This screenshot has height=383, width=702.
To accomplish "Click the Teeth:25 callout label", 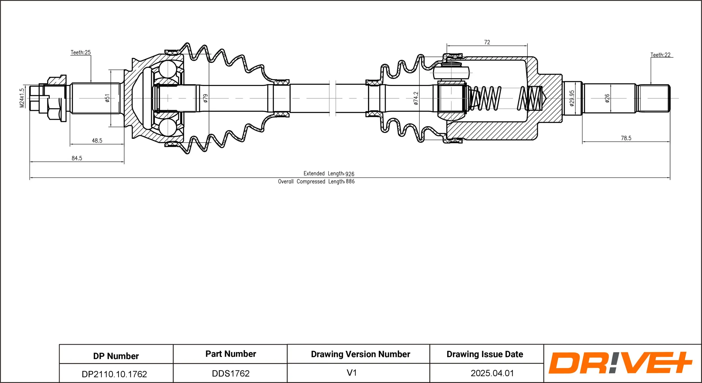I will [81, 53].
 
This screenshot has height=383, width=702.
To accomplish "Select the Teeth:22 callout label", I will [660, 55].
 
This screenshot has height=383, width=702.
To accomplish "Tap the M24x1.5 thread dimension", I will [22, 98].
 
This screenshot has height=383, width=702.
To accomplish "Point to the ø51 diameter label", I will [107, 98].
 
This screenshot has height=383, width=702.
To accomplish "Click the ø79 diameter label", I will [206, 98].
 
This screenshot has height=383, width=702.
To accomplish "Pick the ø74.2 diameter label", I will [416, 98].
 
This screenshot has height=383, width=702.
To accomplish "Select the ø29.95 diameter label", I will [572, 98].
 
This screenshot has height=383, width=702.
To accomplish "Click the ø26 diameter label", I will [607, 98].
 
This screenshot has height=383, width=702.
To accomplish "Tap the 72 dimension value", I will [487, 42].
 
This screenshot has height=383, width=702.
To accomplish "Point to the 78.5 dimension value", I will [626, 138].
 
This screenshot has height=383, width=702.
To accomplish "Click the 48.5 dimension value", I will [97, 141].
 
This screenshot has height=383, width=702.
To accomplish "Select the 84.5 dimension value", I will [77, 158].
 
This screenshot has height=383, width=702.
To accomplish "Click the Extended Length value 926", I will [350, 174].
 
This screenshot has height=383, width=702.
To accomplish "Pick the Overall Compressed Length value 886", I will [350, 182].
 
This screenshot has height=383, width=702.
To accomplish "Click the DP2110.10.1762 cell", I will [114, 374].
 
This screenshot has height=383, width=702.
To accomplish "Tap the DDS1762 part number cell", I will [231, 373].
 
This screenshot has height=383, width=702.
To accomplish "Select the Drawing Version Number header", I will [360, 354].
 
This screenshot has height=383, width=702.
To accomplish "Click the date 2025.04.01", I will [492, 373].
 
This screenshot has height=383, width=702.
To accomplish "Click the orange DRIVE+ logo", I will [620, 363].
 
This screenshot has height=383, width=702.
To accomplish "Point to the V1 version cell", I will [352, 373].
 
